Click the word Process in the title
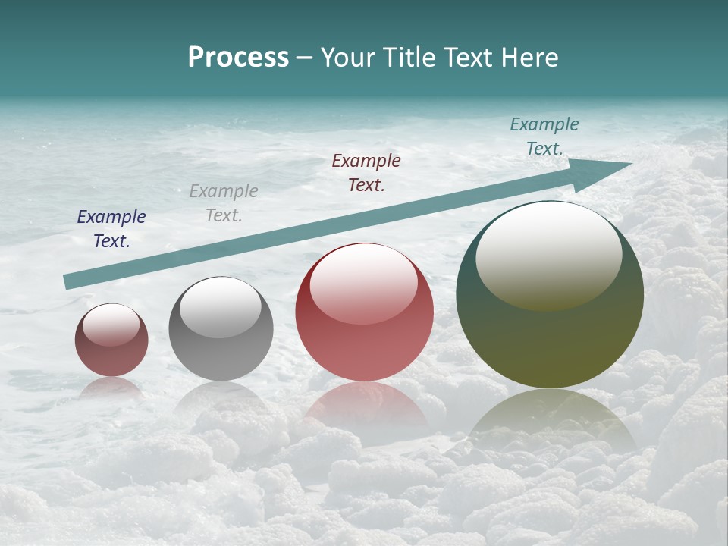[238, 58]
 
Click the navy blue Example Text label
[111, 229]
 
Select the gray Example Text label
[224, 203]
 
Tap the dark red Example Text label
[366, 172]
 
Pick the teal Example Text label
[544, 136]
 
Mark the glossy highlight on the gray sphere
[221, 306]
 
